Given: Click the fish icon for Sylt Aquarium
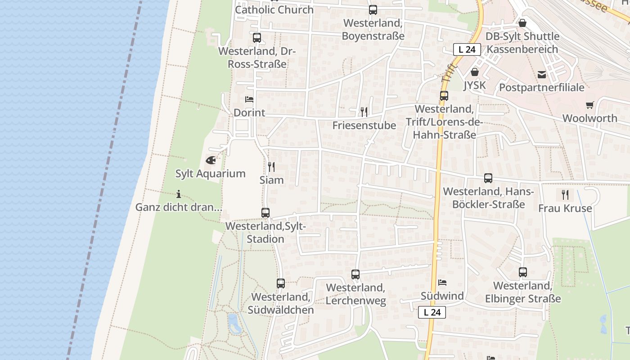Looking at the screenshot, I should coord(211,160).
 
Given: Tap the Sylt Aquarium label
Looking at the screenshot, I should coord(211,174).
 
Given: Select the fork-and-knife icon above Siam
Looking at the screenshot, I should coord(271,167).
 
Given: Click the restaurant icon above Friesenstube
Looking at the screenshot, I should coord(364,112).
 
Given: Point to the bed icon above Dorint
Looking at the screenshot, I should coord(249,99).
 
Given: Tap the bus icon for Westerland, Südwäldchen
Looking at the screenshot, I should coord(281,283).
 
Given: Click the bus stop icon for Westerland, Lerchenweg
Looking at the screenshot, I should coord(355,274).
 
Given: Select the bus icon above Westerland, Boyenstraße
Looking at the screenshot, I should coord(373,10).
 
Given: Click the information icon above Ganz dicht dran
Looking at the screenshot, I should coord(179,194).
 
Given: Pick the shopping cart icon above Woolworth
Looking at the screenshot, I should coord(590,105).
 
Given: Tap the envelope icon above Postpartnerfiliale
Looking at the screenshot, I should coord(541,74).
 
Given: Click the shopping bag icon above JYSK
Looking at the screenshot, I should coord(474,72).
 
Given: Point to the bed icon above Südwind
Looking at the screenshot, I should coord(442,283).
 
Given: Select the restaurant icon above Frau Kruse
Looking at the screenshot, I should coord(565,195).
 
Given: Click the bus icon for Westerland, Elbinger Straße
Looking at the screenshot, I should coord(523,272).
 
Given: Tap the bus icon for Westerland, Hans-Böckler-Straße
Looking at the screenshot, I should coord(488,178).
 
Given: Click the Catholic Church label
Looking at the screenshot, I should coord(274,9).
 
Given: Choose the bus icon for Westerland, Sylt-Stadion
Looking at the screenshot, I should coord(265,213).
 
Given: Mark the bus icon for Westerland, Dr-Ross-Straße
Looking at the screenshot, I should coord(257,38).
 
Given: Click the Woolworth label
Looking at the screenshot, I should coord(590,118).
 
